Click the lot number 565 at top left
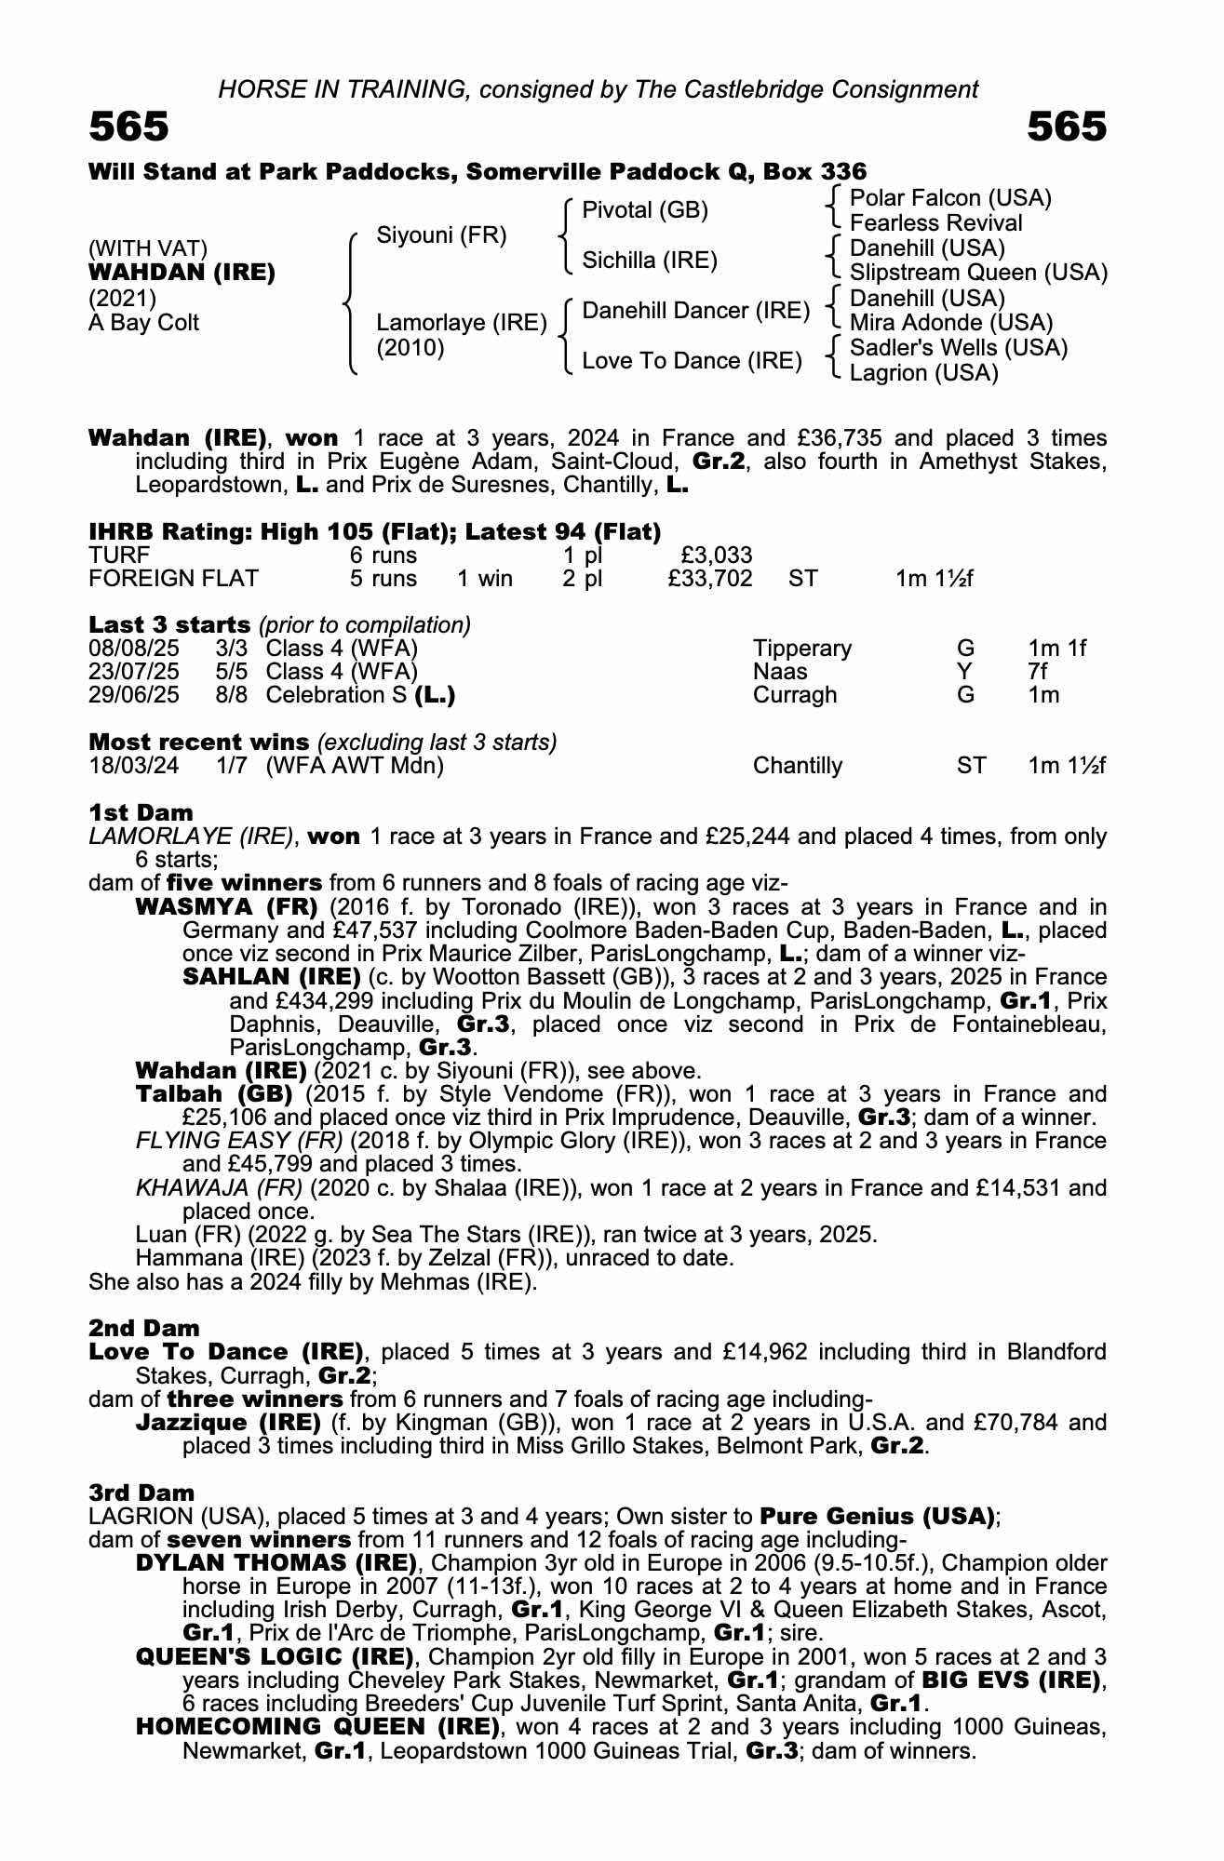click(128, 127)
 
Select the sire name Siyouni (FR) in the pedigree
click(441, 235)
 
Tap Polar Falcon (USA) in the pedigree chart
click(950, 198)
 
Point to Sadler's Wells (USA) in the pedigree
click(959, 348)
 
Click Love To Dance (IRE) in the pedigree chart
click(692, 360)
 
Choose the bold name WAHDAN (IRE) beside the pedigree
click(182, 273)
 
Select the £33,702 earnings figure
click(709, 579)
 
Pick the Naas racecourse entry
click(780, 672)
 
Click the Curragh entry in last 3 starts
click(795, 695)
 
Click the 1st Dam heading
click(141, 812)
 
